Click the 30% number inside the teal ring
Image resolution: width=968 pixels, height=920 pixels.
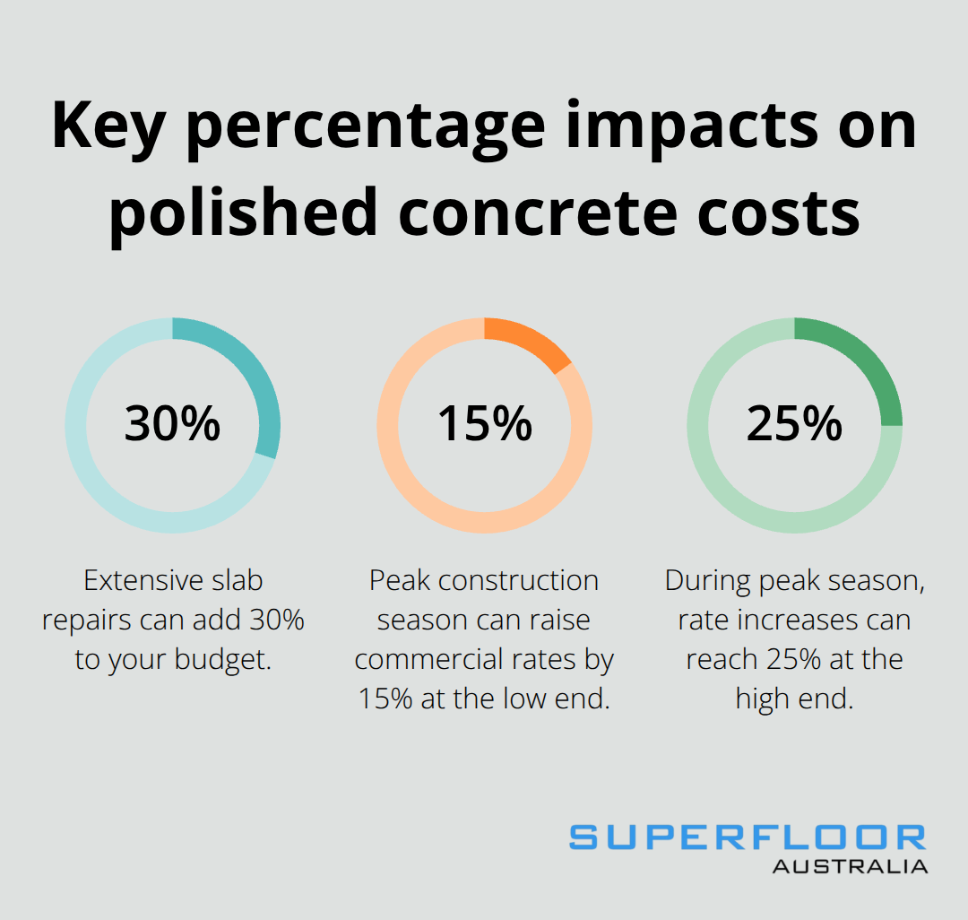(172, 424)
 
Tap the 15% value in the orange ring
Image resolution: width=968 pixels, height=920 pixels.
(484, 424)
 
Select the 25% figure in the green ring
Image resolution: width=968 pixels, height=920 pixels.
(794, 424)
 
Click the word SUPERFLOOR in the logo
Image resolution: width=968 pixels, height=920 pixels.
(748, 838)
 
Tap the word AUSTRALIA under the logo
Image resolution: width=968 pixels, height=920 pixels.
(850, 867)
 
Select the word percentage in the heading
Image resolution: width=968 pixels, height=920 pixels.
(375, 126)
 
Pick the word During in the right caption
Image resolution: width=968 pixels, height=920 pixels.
(708, 581)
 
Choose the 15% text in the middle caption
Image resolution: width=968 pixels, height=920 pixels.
(385, 699)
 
